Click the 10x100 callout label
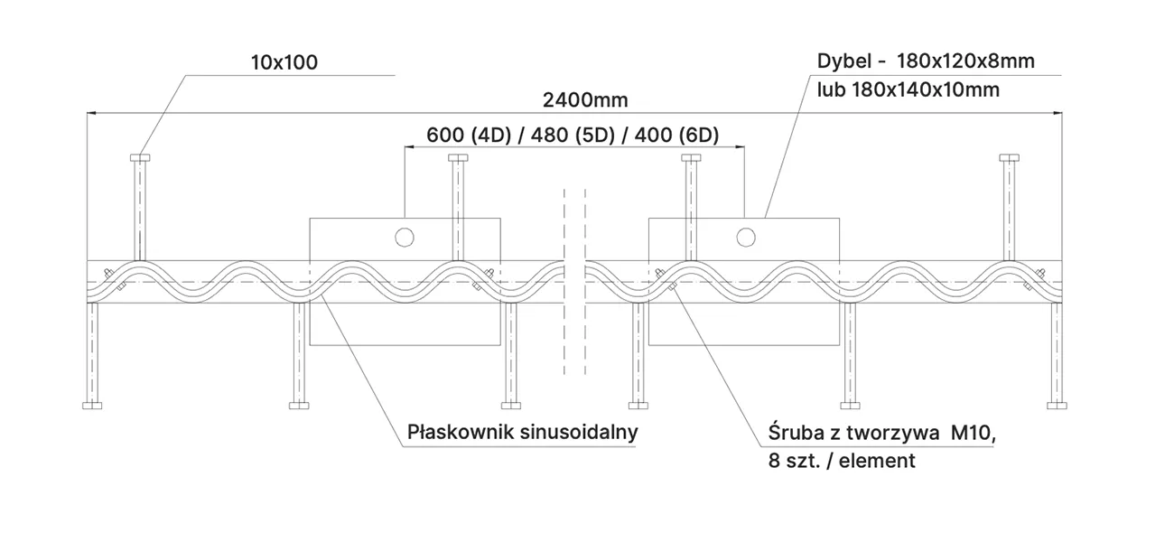click(x=284, y=62)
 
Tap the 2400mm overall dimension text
click(x=585, y=99)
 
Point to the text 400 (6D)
click(x=677, y=136)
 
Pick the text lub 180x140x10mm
click(x=908, y=89)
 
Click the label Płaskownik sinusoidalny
click(x=523, y=432)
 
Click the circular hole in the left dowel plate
click(x=404, y=237)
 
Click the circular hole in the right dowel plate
click(x=745, y=237)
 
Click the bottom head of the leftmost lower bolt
click(x=92, y=404)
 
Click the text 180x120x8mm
click(x=965, y=61)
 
